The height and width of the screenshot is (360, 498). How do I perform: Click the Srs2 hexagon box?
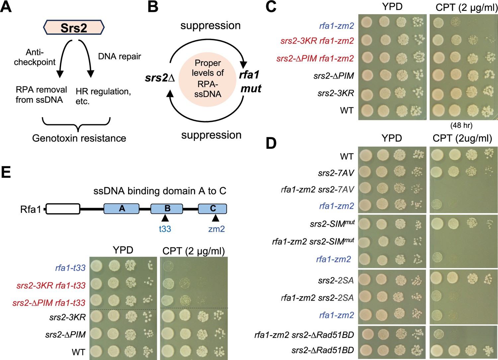pos(74,28)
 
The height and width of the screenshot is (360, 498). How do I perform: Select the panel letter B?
pos(153,7)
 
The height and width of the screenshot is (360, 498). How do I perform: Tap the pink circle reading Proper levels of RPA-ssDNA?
pos(207,78)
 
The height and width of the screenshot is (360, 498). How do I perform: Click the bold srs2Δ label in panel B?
pos(160,78)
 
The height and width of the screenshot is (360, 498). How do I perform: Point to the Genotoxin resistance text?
pos(79,138)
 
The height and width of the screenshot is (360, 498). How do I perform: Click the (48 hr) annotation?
pos(461,126)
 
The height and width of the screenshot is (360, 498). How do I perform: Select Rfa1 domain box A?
pos(122,209)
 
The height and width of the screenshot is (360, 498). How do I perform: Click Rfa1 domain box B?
pos(167,209)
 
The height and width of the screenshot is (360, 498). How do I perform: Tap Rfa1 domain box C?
pos(212,209)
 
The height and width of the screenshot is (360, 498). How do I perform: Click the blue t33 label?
pos(165,228)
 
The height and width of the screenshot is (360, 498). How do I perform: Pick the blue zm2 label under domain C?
pos(216,229)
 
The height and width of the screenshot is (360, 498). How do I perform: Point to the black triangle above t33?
pos(165,218)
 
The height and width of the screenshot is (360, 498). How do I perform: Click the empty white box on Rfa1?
pos(63,209)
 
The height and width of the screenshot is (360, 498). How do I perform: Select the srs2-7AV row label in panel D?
pos(336,173)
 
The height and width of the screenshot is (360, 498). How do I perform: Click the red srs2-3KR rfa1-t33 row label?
pos(51,285)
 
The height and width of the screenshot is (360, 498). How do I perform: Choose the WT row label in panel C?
pos(347,110)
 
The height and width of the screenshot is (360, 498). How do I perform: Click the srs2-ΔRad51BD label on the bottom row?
pos(323,350)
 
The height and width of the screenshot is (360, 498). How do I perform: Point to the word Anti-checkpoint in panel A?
pos(35,57)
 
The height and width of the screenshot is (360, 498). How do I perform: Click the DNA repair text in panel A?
pos(120,56)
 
